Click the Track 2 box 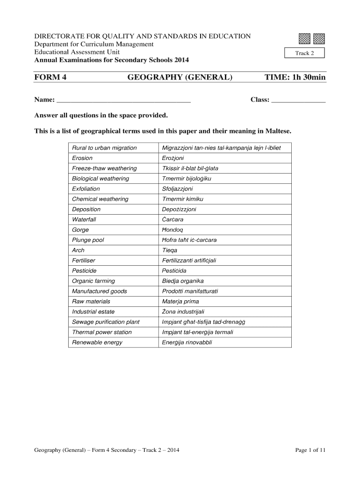click(304, 53)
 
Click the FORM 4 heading click(50, 77)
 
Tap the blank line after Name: click(123, 100)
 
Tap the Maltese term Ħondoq click(173, 230)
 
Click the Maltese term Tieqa click(170, 250)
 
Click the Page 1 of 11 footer click(310, 450)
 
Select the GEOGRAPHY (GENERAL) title click(180, 77)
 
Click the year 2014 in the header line click(182, 60)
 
